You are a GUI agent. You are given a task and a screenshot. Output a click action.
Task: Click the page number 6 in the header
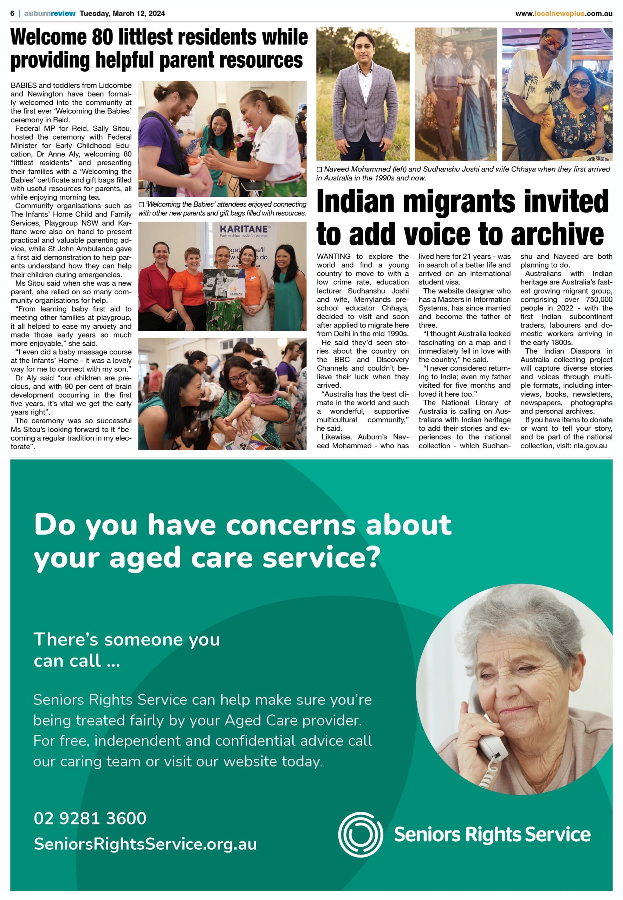(x=13, y=13)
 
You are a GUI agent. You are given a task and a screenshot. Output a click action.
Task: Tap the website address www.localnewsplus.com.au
(x=563, y=14)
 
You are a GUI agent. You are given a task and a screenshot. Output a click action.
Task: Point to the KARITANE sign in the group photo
(x=244, y=229)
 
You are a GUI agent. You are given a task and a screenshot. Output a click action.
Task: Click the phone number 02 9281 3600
(x=90, y=819)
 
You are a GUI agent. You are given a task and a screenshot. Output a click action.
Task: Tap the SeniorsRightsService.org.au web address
(x=145, y=844)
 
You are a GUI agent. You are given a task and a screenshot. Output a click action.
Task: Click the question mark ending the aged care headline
(x=374, y=558)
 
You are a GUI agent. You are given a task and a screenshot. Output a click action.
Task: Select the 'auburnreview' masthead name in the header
(x=50, y=13)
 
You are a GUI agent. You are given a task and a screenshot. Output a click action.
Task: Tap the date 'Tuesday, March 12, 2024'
(x=122, y=13)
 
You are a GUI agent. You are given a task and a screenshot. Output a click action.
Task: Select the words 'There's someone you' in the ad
(x=127, y=640)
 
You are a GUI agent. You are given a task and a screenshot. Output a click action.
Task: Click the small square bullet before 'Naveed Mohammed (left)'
(x=319, y=169)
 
